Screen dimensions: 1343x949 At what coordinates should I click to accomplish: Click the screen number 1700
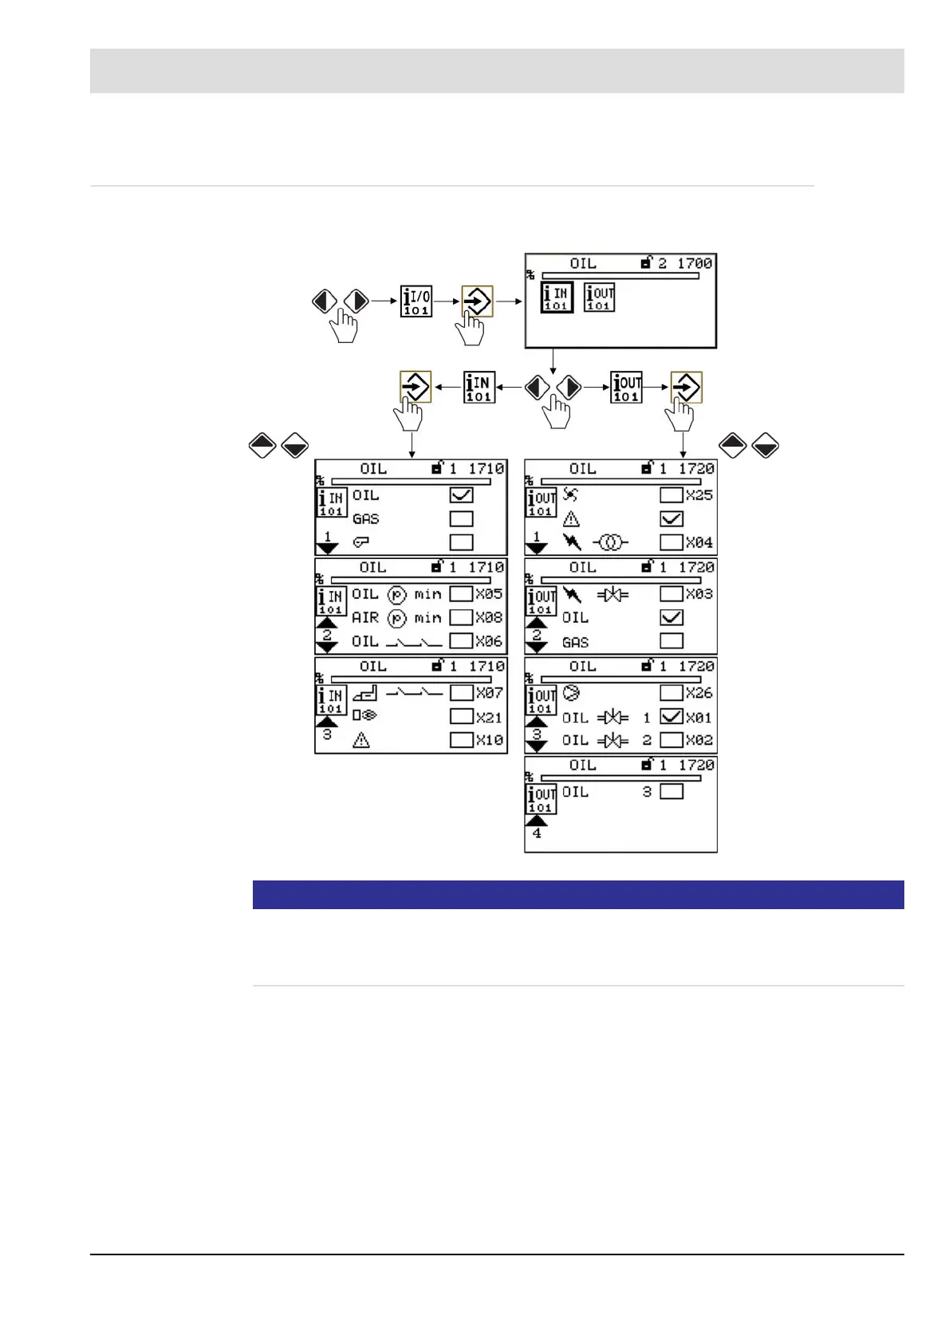click(695, 263)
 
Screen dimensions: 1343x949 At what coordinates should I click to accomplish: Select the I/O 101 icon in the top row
click(415, 301)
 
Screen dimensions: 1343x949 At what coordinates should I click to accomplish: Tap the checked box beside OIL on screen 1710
click(461, 495)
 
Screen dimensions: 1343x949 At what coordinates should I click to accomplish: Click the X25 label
click(699, 495)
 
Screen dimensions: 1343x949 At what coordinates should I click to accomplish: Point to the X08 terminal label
click(489, 617)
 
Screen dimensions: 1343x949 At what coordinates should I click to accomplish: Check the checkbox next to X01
click(671, 717)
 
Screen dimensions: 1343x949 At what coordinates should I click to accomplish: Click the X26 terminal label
click(699, 693)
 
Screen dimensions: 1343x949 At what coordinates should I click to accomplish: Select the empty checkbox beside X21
click(461, 717)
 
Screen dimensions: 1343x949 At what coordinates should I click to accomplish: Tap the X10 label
click(489, 740)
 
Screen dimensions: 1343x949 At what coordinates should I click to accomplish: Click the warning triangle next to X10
click(361, 741)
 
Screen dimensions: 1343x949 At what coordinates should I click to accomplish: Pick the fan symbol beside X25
click(570, 495)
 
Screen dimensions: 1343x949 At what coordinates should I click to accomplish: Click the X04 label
click(699, 542)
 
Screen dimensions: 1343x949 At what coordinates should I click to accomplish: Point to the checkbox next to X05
click(461, 594)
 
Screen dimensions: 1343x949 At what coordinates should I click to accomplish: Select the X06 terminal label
click(489, 641)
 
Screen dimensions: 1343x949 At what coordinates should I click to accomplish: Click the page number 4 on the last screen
click(537, 833)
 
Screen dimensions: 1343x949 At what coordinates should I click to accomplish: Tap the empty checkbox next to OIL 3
click(671, 792)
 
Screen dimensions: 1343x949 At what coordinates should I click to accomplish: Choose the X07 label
click(489, 693)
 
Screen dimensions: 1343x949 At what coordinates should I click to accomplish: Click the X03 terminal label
click(699, 594)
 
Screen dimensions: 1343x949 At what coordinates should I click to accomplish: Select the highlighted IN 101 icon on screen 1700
click(557, 297)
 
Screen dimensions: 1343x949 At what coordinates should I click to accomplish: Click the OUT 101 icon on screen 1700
click(599, 297)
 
